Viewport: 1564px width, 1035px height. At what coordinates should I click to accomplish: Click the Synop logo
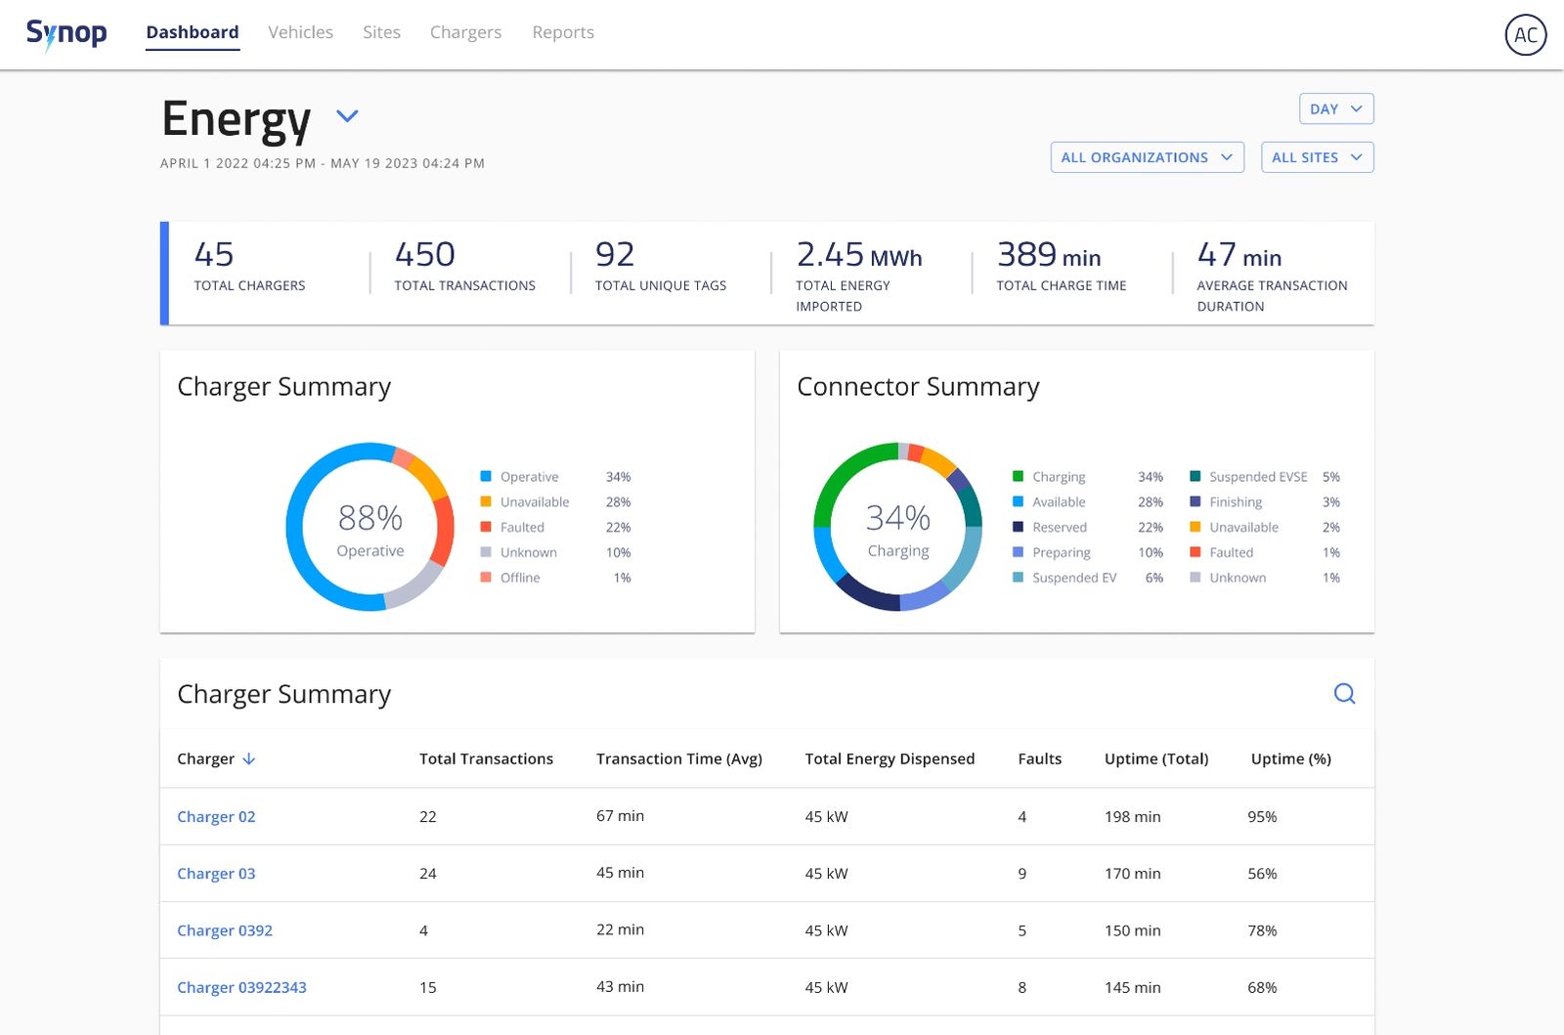(x=66, y=33)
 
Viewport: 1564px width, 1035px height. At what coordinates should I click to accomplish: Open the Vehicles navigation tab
(x=300, y=32)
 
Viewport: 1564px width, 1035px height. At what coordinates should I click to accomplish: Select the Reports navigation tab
(x=563, y=32)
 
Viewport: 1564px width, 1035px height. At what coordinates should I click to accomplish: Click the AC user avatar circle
(x=1525, y=35)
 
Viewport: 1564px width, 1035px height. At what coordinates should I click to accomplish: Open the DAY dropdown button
(x=1335, y=108)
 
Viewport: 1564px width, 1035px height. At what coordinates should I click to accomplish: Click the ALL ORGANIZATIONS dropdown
(x=1147, y=157)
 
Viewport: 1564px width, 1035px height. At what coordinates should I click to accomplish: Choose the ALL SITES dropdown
(x=1317, y=157)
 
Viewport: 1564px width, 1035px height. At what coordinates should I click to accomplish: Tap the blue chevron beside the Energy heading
(x=347, y=116)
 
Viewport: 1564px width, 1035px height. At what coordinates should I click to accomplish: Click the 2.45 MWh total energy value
(x=858, y=255)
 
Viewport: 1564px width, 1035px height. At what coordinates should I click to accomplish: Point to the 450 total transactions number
(x=424, y=255)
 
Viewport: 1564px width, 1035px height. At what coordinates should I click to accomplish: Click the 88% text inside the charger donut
(x=369, y=517)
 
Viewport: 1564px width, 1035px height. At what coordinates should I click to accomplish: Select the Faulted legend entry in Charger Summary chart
(x=522, y=527)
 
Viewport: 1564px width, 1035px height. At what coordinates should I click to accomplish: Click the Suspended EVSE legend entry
(x=1257, y=477)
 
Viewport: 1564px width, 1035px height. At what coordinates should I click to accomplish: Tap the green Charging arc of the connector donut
(x=833, y=479)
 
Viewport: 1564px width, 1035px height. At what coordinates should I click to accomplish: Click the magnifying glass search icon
(x=1344, y=694)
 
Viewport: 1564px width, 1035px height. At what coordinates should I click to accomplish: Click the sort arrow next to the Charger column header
(x=249, y=759)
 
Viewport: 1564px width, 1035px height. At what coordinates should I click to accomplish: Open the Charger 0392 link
(x=224, y=930)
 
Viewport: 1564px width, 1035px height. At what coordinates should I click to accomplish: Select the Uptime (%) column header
(x=1290, y=759)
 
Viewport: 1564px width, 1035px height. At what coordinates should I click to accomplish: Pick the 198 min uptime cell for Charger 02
(x=1132, y=817)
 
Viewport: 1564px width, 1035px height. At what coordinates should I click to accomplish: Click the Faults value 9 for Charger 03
(x=1021, y=874)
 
